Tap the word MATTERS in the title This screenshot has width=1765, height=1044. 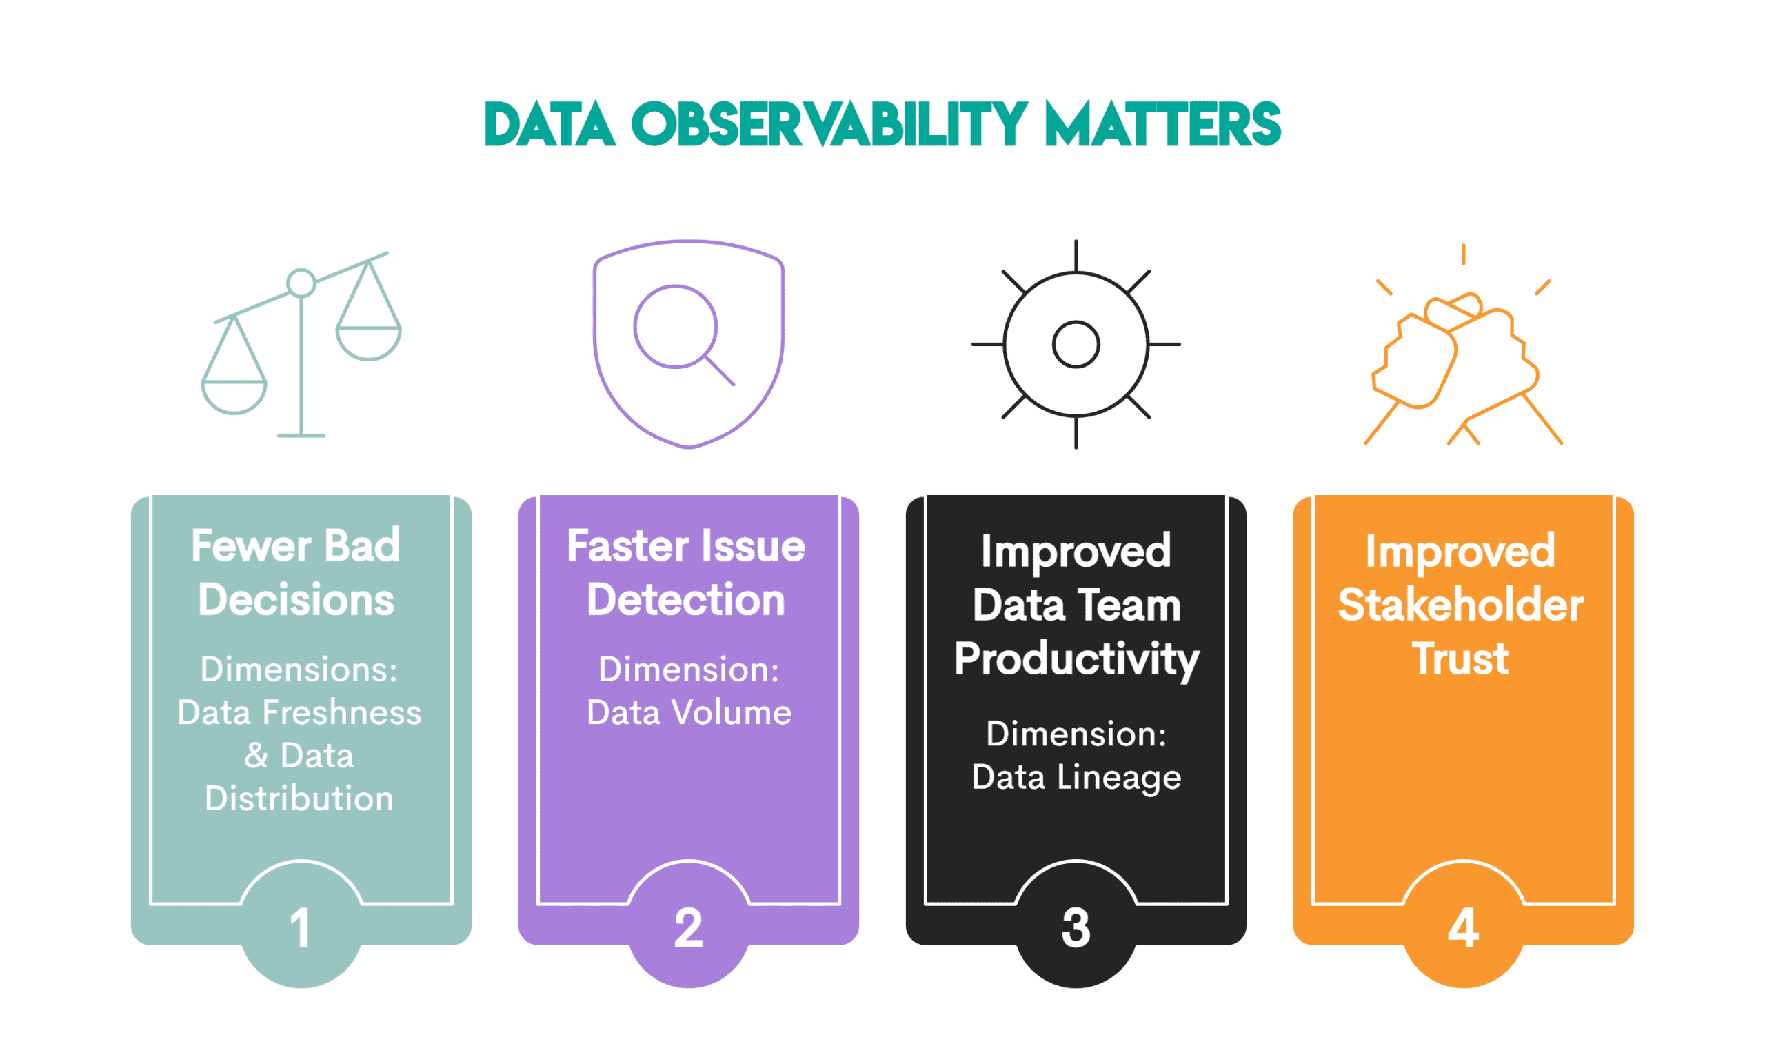pos(1162,125)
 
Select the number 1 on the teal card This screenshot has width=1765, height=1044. pos(301,928)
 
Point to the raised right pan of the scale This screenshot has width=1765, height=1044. pos(368,342)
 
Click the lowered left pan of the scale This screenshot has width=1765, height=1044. pos(234,396)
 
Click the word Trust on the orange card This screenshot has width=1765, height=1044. pos(1460,659)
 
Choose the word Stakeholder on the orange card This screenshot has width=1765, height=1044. pos(1460,605)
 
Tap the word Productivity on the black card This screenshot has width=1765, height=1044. pos(1076,659)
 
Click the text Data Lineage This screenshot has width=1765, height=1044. pos(1076,777)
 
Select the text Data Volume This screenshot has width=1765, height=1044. pos(689,712)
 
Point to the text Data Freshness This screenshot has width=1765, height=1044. pos(299,712)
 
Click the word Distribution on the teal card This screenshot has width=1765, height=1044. pos(299,799)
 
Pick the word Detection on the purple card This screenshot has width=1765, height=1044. pos(685,600)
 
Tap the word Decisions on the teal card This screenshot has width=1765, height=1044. pos(296,600)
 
